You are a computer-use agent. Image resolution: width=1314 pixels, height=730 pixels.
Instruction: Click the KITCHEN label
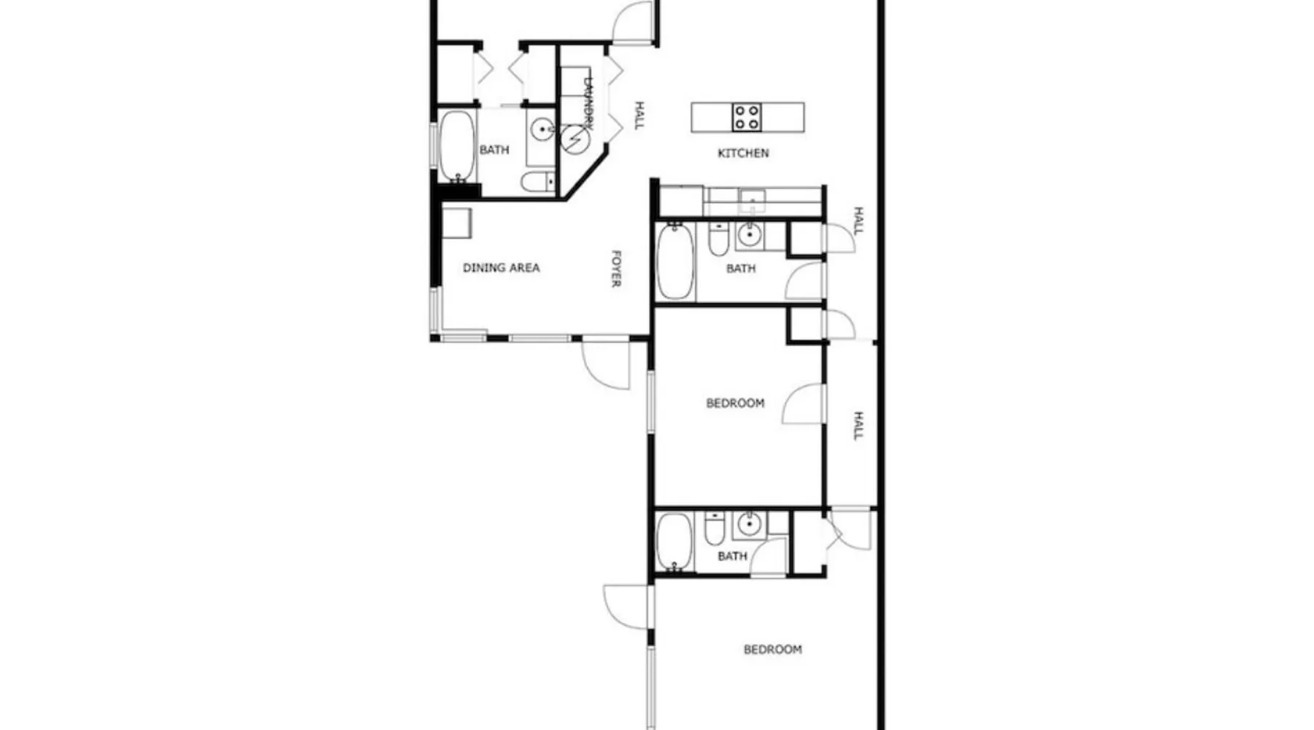pos(743,153)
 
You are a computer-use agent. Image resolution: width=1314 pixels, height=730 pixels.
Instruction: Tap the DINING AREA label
pos(502,268)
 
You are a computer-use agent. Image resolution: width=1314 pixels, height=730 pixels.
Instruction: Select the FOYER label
pos(616,269)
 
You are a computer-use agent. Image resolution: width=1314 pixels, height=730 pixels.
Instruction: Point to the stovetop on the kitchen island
pos(748,118)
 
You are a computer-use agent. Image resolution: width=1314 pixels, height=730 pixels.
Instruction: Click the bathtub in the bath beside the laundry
pos(457,146)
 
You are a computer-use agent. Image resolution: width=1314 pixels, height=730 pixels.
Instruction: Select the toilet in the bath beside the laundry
pos(538,182)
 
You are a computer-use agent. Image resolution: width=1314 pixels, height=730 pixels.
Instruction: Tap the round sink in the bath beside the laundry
pos(542,130)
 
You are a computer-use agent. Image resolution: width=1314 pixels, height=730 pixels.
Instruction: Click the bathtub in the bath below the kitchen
pos(676,261)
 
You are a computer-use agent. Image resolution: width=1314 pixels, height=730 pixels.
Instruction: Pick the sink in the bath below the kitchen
pos(748,236)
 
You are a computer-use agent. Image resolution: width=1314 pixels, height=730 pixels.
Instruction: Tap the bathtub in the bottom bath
pos(674,542)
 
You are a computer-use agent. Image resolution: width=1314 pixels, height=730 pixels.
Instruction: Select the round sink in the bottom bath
pos(748,523)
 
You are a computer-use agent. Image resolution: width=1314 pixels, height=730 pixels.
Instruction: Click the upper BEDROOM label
pos(735,403)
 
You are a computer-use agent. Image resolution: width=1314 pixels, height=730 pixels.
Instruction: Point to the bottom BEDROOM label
pos(772,650)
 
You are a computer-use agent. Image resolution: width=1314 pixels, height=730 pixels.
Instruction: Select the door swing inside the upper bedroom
pos(804,404)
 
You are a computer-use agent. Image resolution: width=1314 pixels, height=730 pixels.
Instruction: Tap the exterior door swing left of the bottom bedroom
pos(626,607)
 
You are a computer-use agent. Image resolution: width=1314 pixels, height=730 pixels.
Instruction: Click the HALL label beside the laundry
pos(639,116)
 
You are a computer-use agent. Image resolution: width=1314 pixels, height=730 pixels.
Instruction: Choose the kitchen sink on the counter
pos(752,200)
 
